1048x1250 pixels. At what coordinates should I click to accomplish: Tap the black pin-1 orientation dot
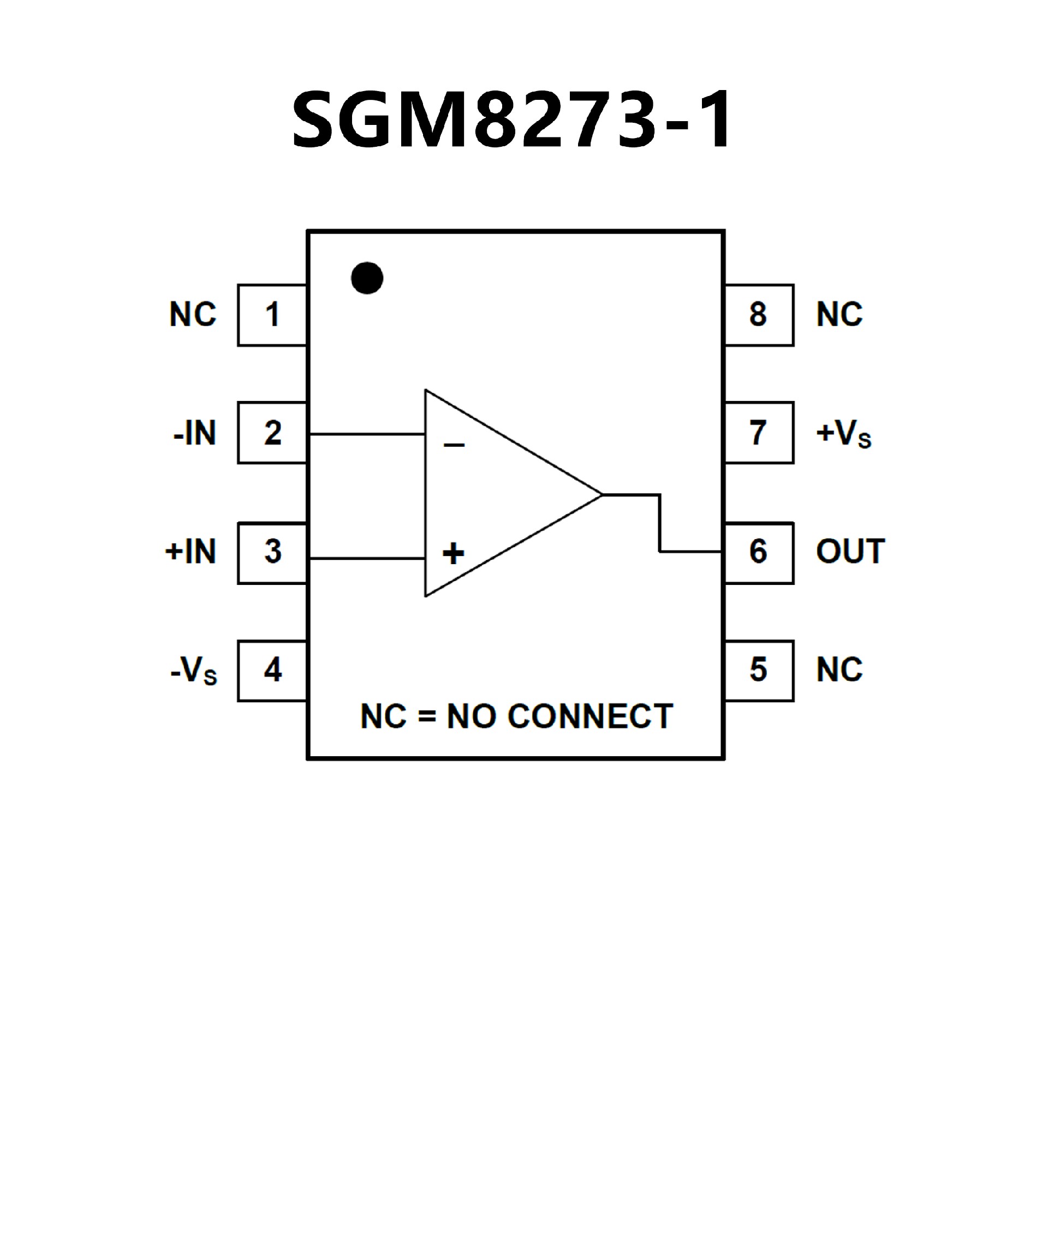pyautogui.click(x=367, y=278)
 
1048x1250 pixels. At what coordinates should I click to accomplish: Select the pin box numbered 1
pyautogui.click(x=272, y=315)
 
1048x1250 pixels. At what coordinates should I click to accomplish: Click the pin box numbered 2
pyautogui.click(x=272, y=433)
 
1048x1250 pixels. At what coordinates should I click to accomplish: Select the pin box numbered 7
pyautogui.click(x=759, y=433)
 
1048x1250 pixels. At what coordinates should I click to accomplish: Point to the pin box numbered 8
pyautogui.click(x=759, y=315)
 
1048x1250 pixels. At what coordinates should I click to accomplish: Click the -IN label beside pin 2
pyautogui.click(x=194, y=433)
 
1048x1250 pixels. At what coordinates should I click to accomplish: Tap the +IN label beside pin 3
pyautogui.click(x=190, y=552)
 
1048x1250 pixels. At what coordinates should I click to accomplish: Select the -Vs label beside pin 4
pyautogui.click(x=194, y=671)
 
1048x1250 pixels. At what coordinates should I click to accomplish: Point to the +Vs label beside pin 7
pyautogui.click(x=843, y=433)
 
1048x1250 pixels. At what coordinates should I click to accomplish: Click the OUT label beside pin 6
pyautogui.click(x=850, y=552)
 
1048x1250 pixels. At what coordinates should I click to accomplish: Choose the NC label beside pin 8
pyautogui.click(x=839, y=315)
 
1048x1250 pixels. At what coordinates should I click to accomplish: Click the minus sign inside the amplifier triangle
pyautogui.click(x=454, y=445)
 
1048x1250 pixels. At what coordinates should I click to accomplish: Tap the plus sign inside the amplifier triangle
pyautogui.click(x=453, y=553)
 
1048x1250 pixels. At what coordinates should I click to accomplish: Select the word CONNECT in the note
pyautogui.click(x=589, y=716)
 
